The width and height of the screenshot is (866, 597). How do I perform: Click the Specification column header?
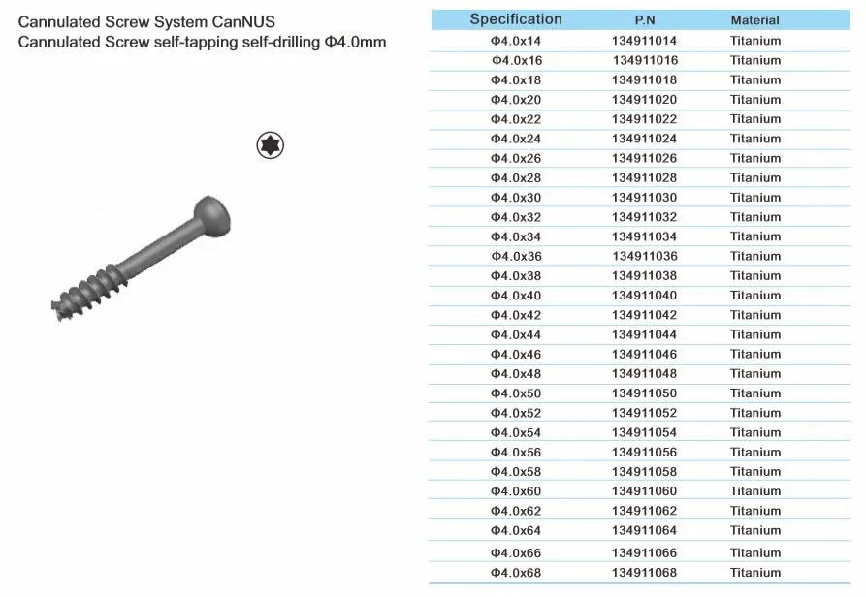click(x=515, y=19)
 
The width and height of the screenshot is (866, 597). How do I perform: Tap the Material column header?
click(x=754, y=20)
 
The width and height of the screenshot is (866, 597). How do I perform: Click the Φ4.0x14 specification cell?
click(x=515, y=41)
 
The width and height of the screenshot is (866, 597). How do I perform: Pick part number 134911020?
click(x=644, y=100)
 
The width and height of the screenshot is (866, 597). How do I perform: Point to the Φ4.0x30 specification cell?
click(x=515, y=198)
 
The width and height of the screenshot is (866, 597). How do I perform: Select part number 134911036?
click(x=644, y=257)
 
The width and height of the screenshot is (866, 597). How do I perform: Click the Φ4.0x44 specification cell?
click(x=515, y=334)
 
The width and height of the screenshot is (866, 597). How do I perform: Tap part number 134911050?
click(x=644, y=393)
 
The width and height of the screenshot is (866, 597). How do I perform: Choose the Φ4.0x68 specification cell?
click(x=515, y=572)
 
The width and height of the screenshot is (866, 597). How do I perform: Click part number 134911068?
click(x=644, y=572)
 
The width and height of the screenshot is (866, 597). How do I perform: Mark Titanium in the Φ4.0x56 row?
click(x=754, y=453)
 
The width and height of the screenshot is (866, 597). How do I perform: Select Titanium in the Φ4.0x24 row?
click(x=754, y=139)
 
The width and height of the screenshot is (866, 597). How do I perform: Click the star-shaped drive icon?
click(x=270, y=146)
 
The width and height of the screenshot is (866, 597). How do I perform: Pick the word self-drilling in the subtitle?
click(x=287, y=43)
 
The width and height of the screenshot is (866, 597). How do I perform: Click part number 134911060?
click(x=644, y=491)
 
